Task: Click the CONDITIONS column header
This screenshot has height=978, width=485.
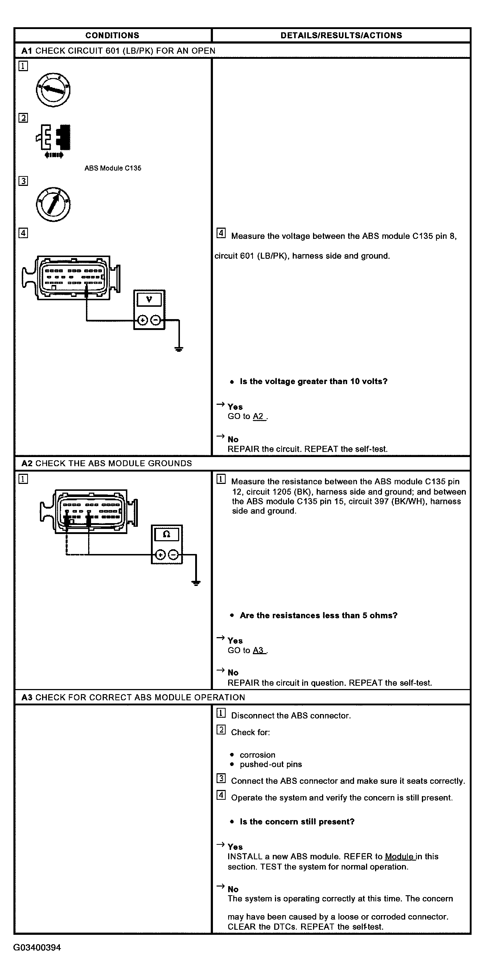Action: [112, 35]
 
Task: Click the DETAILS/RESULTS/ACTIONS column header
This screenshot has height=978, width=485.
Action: [341, 35]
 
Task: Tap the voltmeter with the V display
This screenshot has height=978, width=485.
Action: [149, 309]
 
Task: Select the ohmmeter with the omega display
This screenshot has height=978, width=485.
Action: [167, 544]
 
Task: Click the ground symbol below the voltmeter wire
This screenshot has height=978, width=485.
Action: [179, 349]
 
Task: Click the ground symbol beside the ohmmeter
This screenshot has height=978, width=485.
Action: [196, 583]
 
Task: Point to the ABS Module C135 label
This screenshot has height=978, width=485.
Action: [113, 168]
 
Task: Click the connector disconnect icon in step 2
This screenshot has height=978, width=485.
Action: [54, 140]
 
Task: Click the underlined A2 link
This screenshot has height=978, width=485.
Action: [258, 416]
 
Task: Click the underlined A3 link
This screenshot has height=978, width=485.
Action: [258, 650]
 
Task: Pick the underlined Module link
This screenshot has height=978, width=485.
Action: [400, 856]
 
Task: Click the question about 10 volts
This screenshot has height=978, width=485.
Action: [313, 382]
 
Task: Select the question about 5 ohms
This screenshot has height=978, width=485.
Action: [318, 615]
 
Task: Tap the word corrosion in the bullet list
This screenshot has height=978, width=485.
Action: [257, 755]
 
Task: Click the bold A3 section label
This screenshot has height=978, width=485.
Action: [27, 697]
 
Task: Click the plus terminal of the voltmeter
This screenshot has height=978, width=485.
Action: [142, 321]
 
